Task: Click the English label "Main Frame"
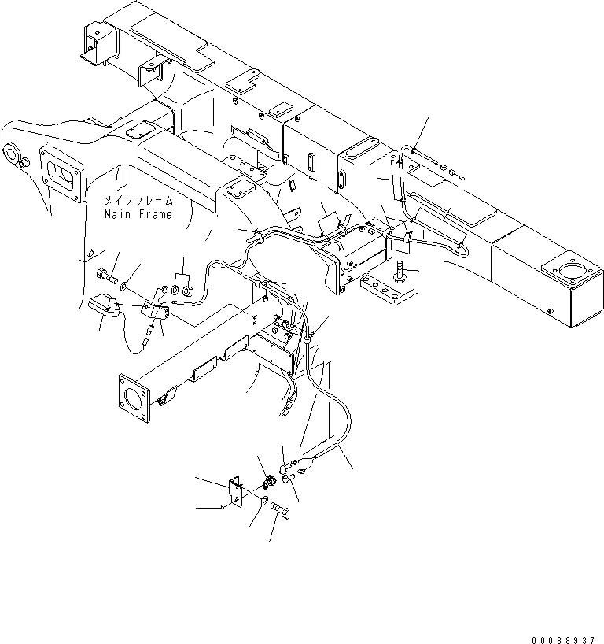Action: (x=138, y=214)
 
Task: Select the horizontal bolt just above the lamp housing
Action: (x=107, y=277)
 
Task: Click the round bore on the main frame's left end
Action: (x=16, y=153)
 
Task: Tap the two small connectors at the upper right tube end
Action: (x=451, y=171)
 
